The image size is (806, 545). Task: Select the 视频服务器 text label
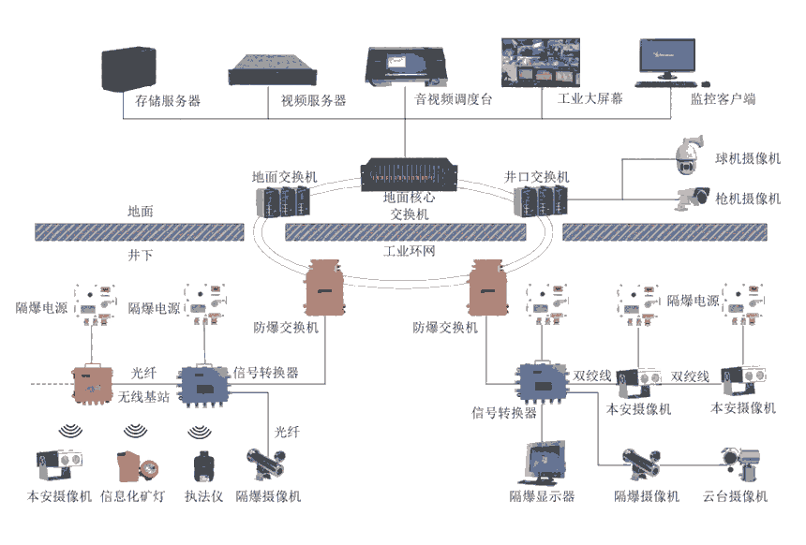pos(313,99)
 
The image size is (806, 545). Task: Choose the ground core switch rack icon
pos(405,176)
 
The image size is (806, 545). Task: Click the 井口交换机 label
pos(536,176)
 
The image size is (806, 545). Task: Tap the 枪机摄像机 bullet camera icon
pos(694,197)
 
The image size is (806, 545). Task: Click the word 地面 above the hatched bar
pos(141,212)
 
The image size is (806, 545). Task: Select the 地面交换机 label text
pos(284,176)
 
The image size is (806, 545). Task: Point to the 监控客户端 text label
pos(723,98)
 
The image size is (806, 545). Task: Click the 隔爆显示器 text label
pos(542,495)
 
